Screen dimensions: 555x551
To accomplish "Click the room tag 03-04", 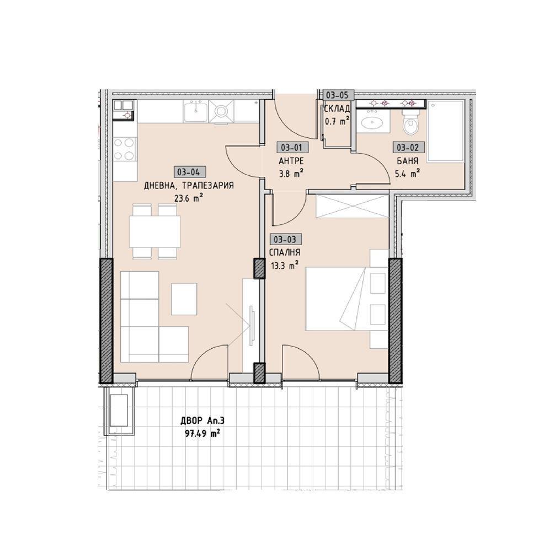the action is [189, 172].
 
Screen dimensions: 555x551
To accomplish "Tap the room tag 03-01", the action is [292, 147].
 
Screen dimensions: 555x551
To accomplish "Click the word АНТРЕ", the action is [291, 161].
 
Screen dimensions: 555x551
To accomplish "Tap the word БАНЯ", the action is [408, 161].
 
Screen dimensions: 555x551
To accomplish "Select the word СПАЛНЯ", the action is [285, 253].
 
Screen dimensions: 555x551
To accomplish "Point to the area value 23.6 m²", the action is [189, 198].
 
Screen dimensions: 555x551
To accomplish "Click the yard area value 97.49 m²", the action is [202, 433].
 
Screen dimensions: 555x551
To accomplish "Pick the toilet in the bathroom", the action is [411, 122].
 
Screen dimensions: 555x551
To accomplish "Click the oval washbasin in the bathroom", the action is [372, 122].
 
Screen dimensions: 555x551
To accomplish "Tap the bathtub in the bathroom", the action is [446, 131].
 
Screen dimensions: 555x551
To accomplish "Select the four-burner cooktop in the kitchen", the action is [125, 150].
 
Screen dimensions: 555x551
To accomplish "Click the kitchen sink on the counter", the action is [195, 111].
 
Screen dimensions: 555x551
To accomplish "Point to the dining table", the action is [154, 231].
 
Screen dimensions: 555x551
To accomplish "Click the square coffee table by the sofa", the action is [184, 299].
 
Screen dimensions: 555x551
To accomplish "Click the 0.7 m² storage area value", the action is [337, 122].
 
